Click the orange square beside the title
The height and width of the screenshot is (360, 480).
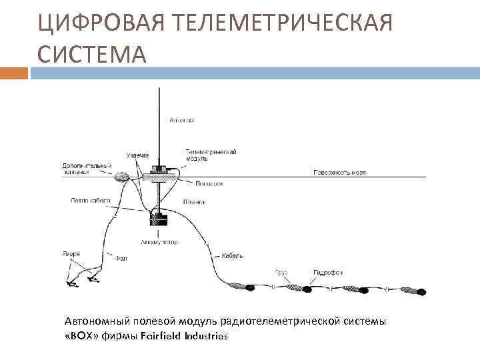coord(13,72)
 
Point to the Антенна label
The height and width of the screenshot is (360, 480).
coord(181,120)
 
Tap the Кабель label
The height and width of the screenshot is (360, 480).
coord(234,255)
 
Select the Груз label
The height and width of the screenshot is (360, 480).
coord(283,273)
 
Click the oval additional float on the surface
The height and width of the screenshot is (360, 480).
coord(122,177)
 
